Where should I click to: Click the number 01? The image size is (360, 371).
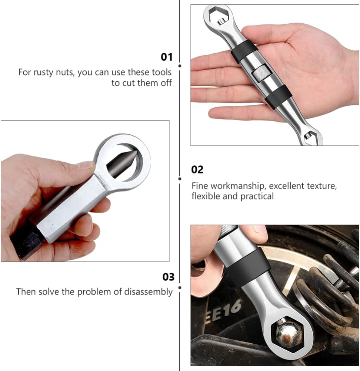click(166, 57)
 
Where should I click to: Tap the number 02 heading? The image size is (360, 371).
click(197, 169)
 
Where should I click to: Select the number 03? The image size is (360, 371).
click(168, 277)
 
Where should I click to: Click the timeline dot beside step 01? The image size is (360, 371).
click(180, 66)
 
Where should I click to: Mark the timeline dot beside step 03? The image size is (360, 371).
click(180, 287)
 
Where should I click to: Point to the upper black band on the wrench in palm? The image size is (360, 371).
click(244, 52)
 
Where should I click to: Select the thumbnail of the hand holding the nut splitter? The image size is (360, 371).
click(85, 191)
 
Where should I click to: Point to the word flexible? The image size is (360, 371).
click(205, 196)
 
